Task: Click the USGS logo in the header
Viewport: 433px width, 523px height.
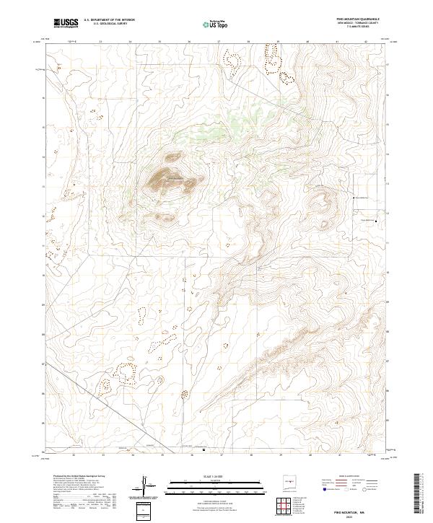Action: pos(66,25)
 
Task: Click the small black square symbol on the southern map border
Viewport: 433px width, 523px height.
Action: pos(204,451)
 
